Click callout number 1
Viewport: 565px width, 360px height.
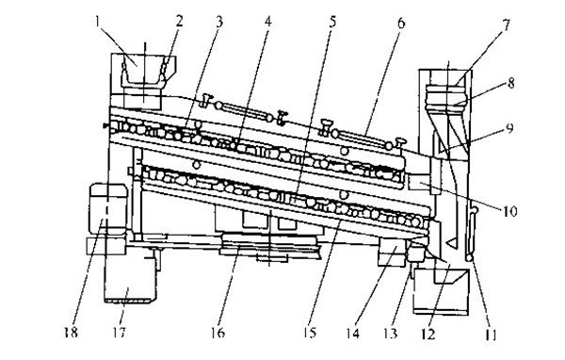(97, 23)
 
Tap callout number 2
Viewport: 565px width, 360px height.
(180, 22)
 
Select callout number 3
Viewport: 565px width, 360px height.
(219, 22)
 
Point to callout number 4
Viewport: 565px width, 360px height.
(267, 22)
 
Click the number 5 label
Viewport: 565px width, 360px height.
(332, 22)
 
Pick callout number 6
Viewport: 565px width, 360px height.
(401, 23)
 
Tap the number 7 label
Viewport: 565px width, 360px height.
(507, 25)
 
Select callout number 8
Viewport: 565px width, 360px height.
(510, 83)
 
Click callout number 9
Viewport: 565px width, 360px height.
(509, 128)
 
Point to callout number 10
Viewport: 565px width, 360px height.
(509, 211)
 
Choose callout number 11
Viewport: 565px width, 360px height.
(490, 335)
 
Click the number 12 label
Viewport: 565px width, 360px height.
(428, 335)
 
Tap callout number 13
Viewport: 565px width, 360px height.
(390, 334)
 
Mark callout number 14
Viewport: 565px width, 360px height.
(353, 334)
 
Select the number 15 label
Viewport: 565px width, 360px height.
(310, 333)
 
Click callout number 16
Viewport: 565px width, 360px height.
(218, 333)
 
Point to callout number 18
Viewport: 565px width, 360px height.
(71, 333)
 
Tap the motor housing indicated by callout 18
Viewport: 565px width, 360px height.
(108, 208)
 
